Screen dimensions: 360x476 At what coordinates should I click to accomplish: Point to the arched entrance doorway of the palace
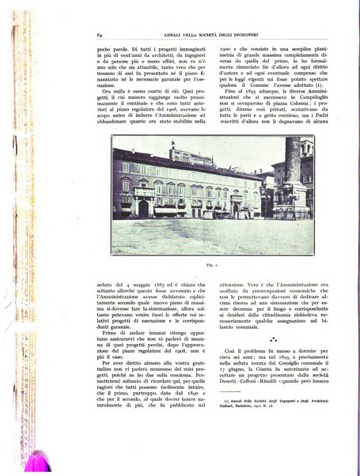[x=144, y=208]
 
